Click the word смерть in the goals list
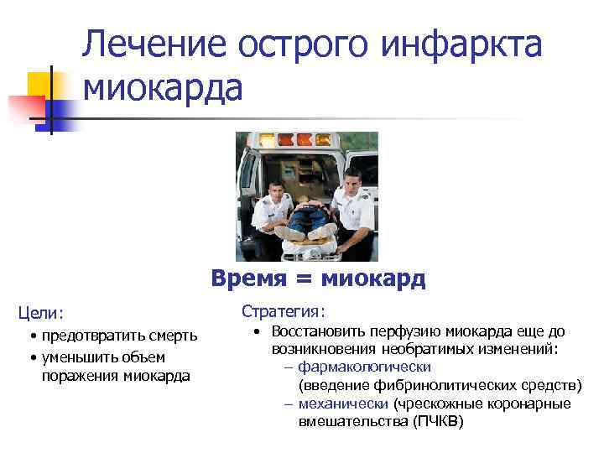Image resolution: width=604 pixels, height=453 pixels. pos(170,336)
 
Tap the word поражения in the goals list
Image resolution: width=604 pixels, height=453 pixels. pos(80,375)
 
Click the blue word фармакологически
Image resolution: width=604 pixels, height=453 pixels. pos(365,367)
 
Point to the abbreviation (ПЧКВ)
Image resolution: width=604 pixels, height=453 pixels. pos(437,421)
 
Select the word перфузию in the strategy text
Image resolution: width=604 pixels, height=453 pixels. pos(404,331)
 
